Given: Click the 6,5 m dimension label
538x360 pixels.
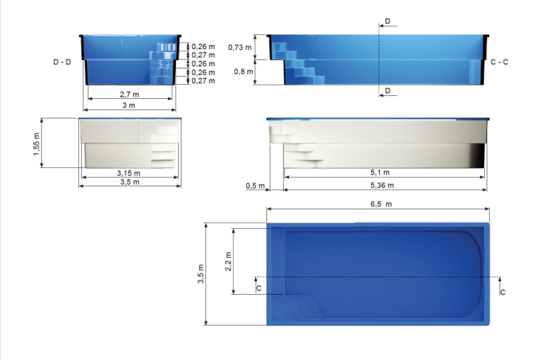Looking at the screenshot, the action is (x=381, y=204).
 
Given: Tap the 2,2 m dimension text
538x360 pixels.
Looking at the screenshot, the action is (x=228, y=261).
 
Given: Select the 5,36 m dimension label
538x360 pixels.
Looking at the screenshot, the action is (x=382, y=186).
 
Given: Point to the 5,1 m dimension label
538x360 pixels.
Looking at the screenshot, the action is (x=380, y=172).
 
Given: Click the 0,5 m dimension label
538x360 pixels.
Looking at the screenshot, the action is (x=255, y=186).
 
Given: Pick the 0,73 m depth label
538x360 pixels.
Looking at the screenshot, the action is (x=240, y=47).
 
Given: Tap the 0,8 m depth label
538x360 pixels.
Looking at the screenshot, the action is (x=243, y=71).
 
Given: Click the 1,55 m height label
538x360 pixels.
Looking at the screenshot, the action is (x=36, y=144).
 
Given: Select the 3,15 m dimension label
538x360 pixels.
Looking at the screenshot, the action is (x=128, y=173).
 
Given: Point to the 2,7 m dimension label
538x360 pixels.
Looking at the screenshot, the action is (x=130, y=95).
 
